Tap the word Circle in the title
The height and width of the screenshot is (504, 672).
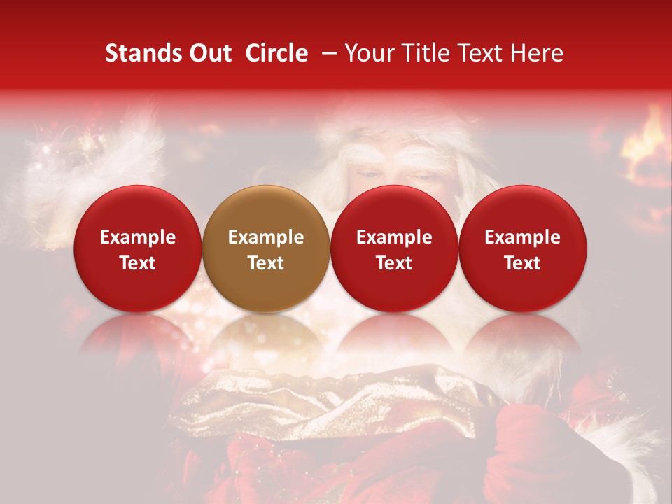(276, 53)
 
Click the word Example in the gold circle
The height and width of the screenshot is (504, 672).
(266, 237)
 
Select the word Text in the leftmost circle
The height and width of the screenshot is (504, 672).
(138, 263)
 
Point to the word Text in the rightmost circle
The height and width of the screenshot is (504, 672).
(522, 263)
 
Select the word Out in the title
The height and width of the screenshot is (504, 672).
(209, 53)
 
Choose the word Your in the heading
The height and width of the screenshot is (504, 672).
(369, 53)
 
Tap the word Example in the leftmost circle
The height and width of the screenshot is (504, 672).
(138, 237)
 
